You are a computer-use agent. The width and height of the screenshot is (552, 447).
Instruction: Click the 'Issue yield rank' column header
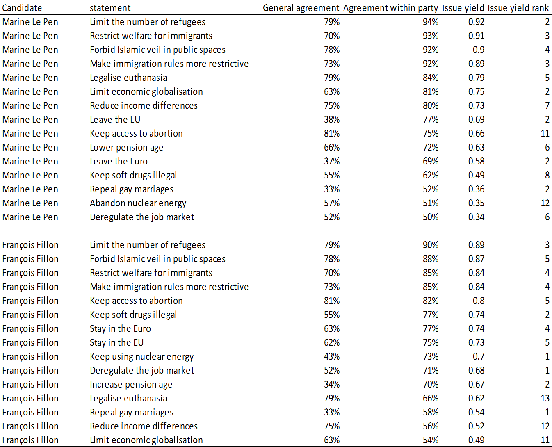coord(518,8)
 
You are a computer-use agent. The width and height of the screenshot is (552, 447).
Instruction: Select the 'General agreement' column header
coord(301,8)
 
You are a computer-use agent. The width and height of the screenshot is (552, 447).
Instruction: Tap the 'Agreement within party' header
coord(390,8)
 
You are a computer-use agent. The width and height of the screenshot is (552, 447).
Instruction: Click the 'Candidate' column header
coord(22,8)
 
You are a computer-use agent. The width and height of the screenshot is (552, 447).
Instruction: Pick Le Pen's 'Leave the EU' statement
coord(115,119)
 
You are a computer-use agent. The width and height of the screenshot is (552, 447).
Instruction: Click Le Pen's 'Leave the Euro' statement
coord(119,161)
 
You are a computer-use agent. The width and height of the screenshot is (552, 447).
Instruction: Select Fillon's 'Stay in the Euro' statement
coord(120,328)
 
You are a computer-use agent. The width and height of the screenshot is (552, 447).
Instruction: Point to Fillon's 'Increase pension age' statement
coord(131,385)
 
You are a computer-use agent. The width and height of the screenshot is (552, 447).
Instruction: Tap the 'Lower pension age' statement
coord(126,148)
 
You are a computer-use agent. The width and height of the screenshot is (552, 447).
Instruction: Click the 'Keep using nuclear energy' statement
coord(141,356)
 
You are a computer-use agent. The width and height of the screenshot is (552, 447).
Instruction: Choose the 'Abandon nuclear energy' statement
coord(138,203)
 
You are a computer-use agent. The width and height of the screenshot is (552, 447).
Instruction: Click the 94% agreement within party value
coord(431,22)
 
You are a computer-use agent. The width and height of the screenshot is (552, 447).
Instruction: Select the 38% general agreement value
coord(332,119)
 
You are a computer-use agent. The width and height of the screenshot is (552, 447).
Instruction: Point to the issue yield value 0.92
coord(476,22)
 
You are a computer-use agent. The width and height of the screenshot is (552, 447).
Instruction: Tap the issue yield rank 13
coord(545,398)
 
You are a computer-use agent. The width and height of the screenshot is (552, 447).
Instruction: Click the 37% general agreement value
coord(332,161)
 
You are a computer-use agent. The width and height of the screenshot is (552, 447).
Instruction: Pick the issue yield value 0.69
coord(476,119)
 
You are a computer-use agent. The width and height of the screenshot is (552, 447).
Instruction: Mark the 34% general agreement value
coord(332,384)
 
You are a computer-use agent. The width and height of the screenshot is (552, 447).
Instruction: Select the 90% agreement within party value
coord(431,245)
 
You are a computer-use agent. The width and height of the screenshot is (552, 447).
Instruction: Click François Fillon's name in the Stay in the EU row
coord(30,342)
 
